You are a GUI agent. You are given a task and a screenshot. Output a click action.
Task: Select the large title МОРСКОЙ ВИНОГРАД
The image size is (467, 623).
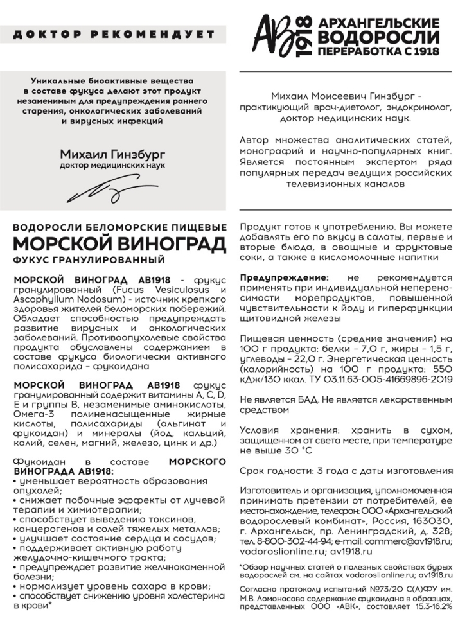[119, 245]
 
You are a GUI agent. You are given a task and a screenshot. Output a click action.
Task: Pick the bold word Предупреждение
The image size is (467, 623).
[283, 277]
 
